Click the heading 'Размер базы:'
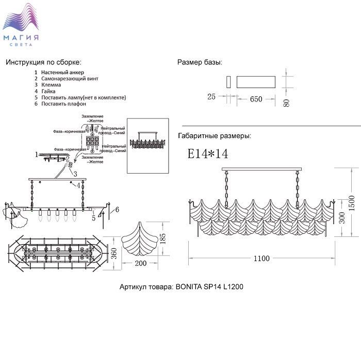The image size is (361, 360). [x=200, y=62]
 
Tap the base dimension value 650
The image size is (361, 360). [x=256, y=99]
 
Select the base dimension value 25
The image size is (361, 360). [x=211, y=96]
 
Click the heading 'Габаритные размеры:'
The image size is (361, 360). [x=214, y=136]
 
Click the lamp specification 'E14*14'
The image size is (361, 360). [x=207, y=153]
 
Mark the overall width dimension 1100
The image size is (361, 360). [x=261, y=259]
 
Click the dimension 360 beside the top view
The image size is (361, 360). [x=114, y=253]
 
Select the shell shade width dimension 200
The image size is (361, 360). [x=140, y=263]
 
